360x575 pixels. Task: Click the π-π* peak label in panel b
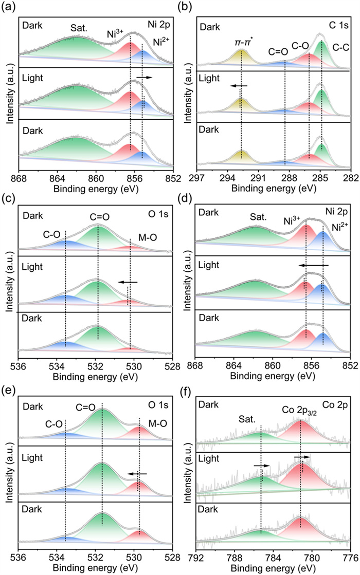coord(241,40)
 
